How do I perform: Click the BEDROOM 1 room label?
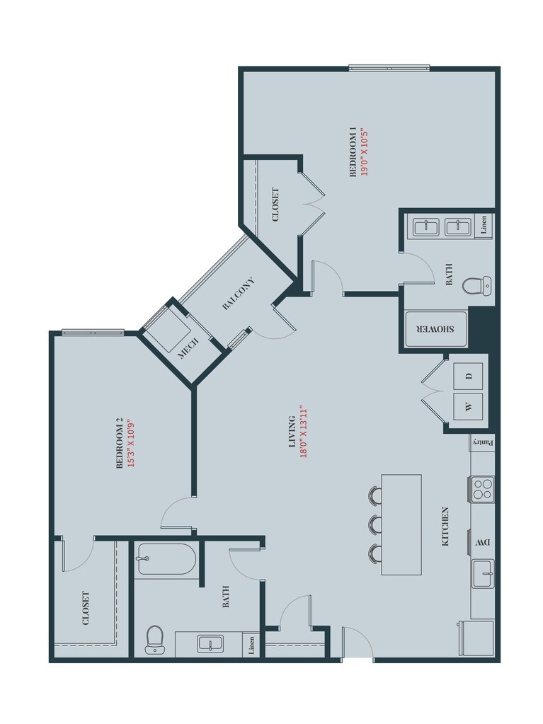353,152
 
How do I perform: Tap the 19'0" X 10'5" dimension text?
365,152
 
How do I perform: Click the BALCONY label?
238,294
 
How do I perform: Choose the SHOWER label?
435,330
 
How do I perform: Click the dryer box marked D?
468,374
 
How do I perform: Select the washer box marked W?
468,406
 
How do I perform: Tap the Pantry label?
482,442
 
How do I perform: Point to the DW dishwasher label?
482,543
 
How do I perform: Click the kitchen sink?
483,571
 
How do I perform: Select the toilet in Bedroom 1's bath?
475,286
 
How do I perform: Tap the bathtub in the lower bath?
166,559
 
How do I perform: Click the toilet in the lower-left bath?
154,639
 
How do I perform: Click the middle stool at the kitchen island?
375,524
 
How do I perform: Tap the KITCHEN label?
445,526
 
